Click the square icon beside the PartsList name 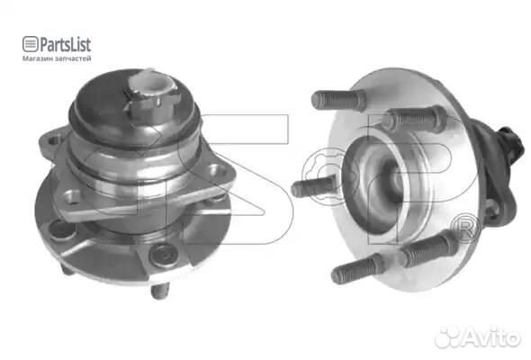point(30,44)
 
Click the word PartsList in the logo point(66,45)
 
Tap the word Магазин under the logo point(38,58)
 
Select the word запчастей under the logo point(73,58)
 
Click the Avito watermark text point(492,337)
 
